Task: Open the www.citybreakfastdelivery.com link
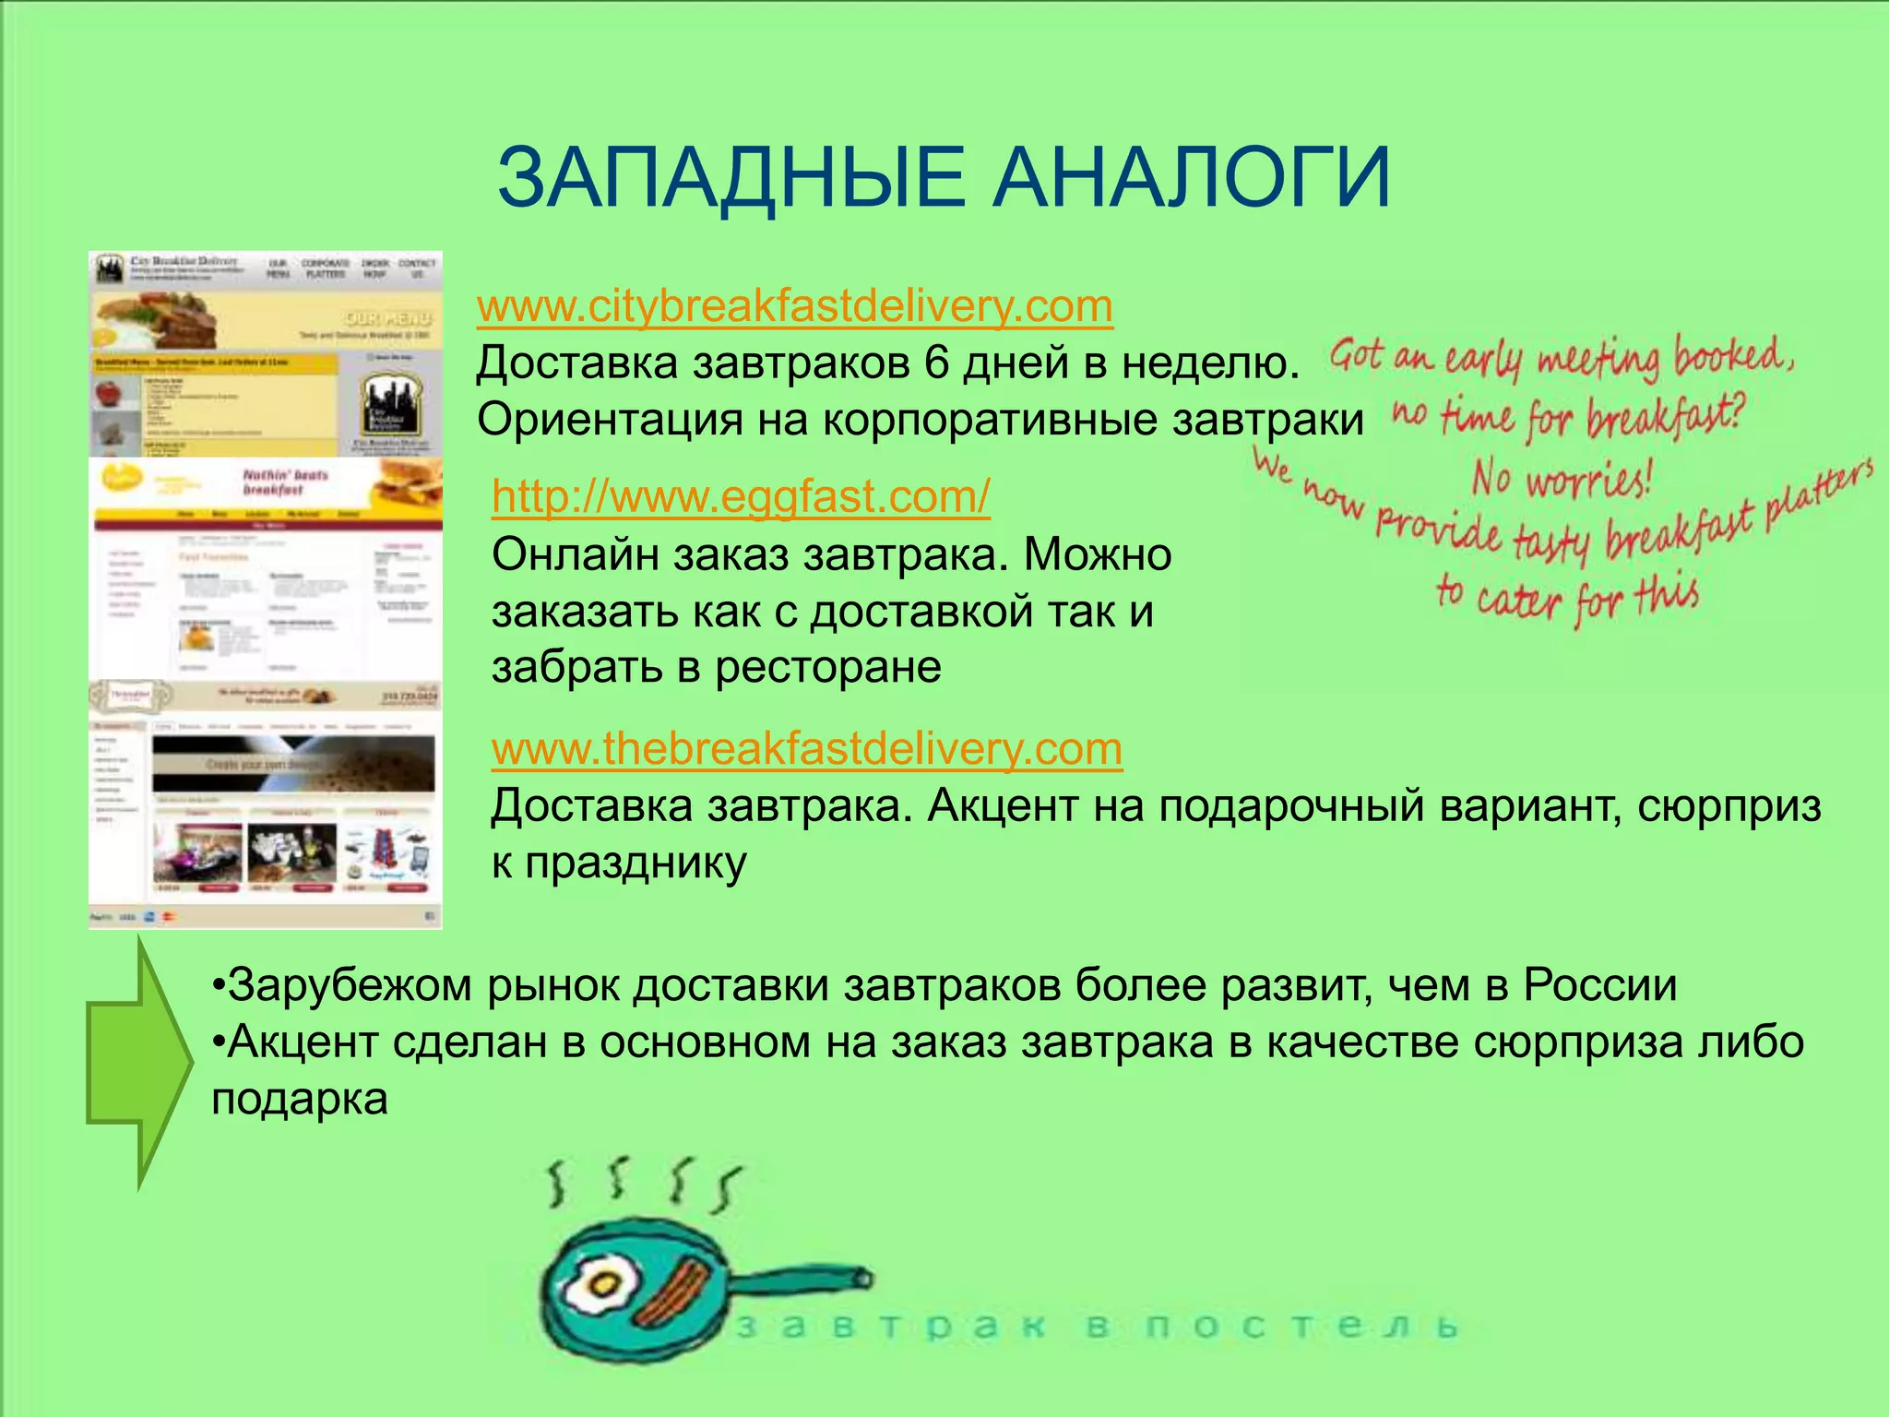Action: tap(794, 306)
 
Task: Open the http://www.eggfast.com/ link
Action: tap(741, 496)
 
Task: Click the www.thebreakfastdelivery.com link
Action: tap(806, 748)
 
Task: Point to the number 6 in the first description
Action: tap(936, 363)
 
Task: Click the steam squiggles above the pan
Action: tap(643, 1184)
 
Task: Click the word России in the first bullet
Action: tap(1599, 984)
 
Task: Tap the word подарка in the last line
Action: tap(300, 1100)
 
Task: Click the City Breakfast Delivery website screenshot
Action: tap(266, 354)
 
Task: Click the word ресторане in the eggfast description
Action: tap(827, 667)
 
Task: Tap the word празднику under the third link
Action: tap(619, 863)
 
